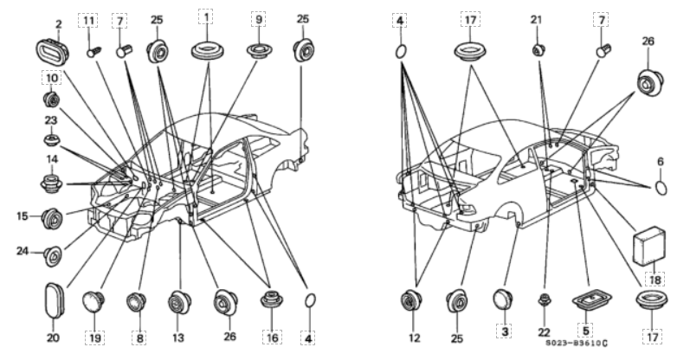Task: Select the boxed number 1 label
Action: [x=206, y=17]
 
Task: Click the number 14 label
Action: [x=50, y=159]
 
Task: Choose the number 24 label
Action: [x=23, y=253]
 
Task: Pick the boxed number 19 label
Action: [x=94, y=337]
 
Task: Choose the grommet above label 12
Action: [x=412, y=302]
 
